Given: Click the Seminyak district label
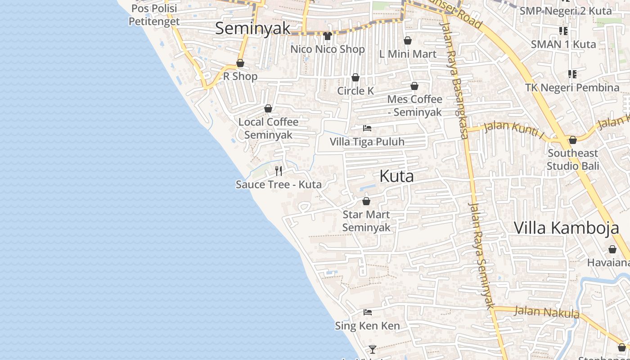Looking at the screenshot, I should point(252,28).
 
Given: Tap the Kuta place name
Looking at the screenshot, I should point(396,176).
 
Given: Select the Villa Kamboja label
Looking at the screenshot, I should point(567,228).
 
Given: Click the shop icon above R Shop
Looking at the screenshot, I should point(240,63).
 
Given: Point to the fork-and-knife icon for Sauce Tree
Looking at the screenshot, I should point(279,171).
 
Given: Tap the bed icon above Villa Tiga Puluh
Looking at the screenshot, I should point(367,128).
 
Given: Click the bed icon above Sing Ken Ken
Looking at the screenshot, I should point(368,312).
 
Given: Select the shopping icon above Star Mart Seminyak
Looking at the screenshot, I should point(366,201).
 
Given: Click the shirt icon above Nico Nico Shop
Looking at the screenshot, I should point(327,36).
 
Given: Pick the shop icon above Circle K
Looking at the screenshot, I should point(355,78).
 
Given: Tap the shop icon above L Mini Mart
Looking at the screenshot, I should point(408,41).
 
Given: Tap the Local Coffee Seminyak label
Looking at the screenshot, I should point(268,128).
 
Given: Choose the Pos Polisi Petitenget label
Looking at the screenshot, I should point(154,15).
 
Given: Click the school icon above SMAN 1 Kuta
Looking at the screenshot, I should point(563,31).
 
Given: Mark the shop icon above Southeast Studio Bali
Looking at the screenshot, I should point(573,140).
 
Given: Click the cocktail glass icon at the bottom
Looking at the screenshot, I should point(373,349).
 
